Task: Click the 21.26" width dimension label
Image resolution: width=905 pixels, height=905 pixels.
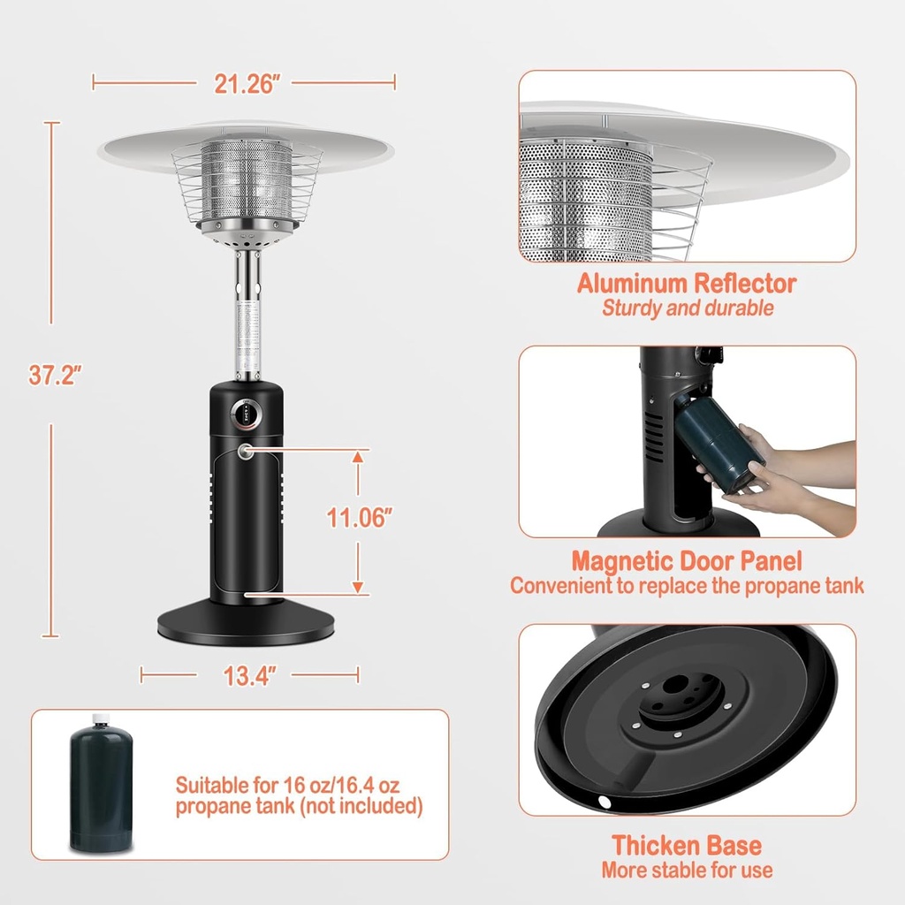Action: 247,83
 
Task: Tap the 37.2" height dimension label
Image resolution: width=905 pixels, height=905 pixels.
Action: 55,374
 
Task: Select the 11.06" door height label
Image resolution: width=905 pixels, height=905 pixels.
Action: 359,518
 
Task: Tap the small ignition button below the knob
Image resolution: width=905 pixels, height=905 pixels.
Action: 245,452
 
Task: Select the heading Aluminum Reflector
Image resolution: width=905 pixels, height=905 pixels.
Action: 687,284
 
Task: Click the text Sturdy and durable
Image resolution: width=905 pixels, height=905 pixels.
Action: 687,308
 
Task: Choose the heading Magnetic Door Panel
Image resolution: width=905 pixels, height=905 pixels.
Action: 687,561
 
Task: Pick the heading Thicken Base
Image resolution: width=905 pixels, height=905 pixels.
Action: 687,845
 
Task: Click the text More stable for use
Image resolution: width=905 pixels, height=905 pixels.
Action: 687,870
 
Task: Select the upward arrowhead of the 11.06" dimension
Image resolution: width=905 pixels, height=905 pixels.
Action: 358,456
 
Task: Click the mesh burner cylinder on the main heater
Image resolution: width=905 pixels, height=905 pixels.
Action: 247,181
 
